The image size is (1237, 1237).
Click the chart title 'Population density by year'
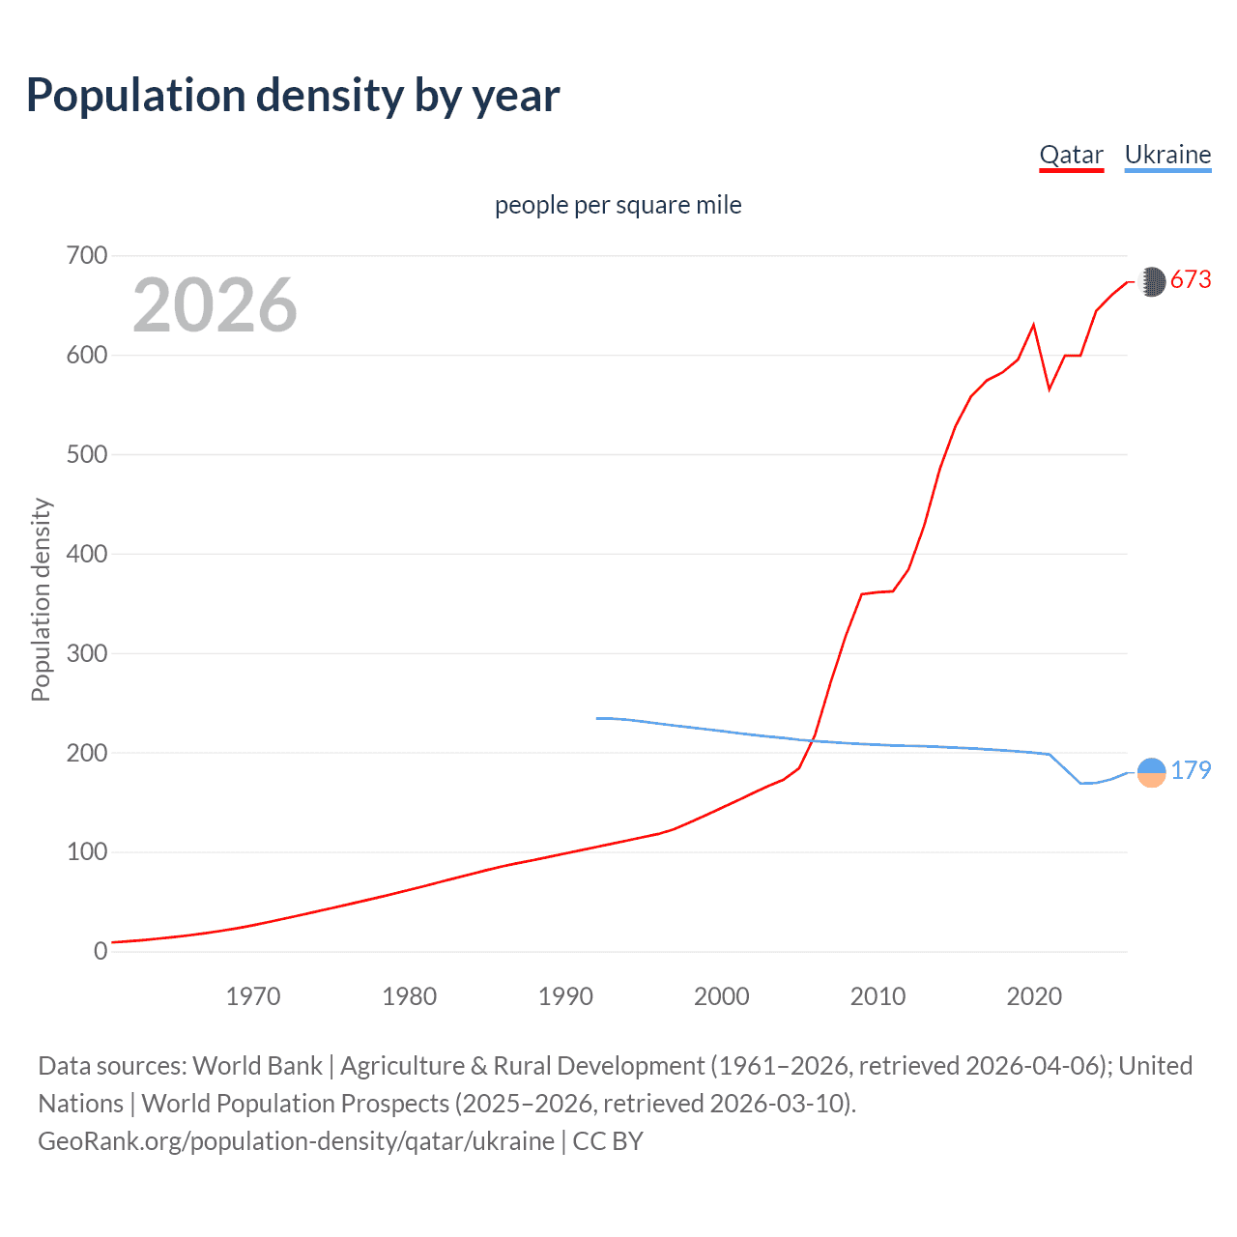293,96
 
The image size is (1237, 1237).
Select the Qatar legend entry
1071,155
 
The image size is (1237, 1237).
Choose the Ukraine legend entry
1167,155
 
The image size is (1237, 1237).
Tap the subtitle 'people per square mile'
618,205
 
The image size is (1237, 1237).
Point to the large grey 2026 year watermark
215,305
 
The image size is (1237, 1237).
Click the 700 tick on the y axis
87,256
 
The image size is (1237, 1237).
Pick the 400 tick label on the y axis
87,554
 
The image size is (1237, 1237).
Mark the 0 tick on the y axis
101,951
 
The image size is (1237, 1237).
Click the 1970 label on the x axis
253,996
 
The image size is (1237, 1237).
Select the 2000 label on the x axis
722,996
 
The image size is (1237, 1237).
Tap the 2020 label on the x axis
1034,996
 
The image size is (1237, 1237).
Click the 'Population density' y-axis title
41,599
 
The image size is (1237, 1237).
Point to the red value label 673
1191,280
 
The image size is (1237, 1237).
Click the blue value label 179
1191,770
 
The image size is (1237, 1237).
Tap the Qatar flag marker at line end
1151,281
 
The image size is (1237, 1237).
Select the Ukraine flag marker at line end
1151,772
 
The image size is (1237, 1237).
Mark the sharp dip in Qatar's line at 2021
1050,389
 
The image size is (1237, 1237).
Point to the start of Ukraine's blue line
597,718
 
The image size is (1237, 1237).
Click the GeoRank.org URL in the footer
296,1141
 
